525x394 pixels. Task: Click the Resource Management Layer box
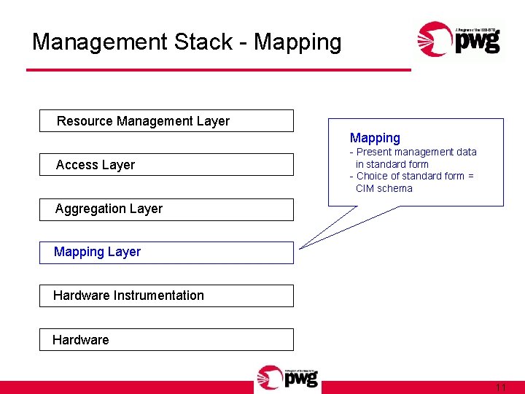[166, 121]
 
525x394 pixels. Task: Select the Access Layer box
[166, 165]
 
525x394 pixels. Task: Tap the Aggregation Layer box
[166, 209]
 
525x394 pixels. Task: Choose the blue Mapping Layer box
[166, 252]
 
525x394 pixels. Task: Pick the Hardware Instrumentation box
[166, 295]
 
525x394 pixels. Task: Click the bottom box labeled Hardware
[166, 339]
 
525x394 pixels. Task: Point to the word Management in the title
[100, 42]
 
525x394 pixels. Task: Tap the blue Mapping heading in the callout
[375, 138]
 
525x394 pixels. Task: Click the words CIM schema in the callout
[384, 188]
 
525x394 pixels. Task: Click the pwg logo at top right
[459, 39]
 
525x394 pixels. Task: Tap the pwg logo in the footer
[287, 378]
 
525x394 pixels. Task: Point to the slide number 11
[500, 387]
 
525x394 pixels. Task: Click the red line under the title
[219, 70]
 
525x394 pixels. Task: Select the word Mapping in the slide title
[300, 42]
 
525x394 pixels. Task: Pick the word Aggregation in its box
[87, 209]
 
